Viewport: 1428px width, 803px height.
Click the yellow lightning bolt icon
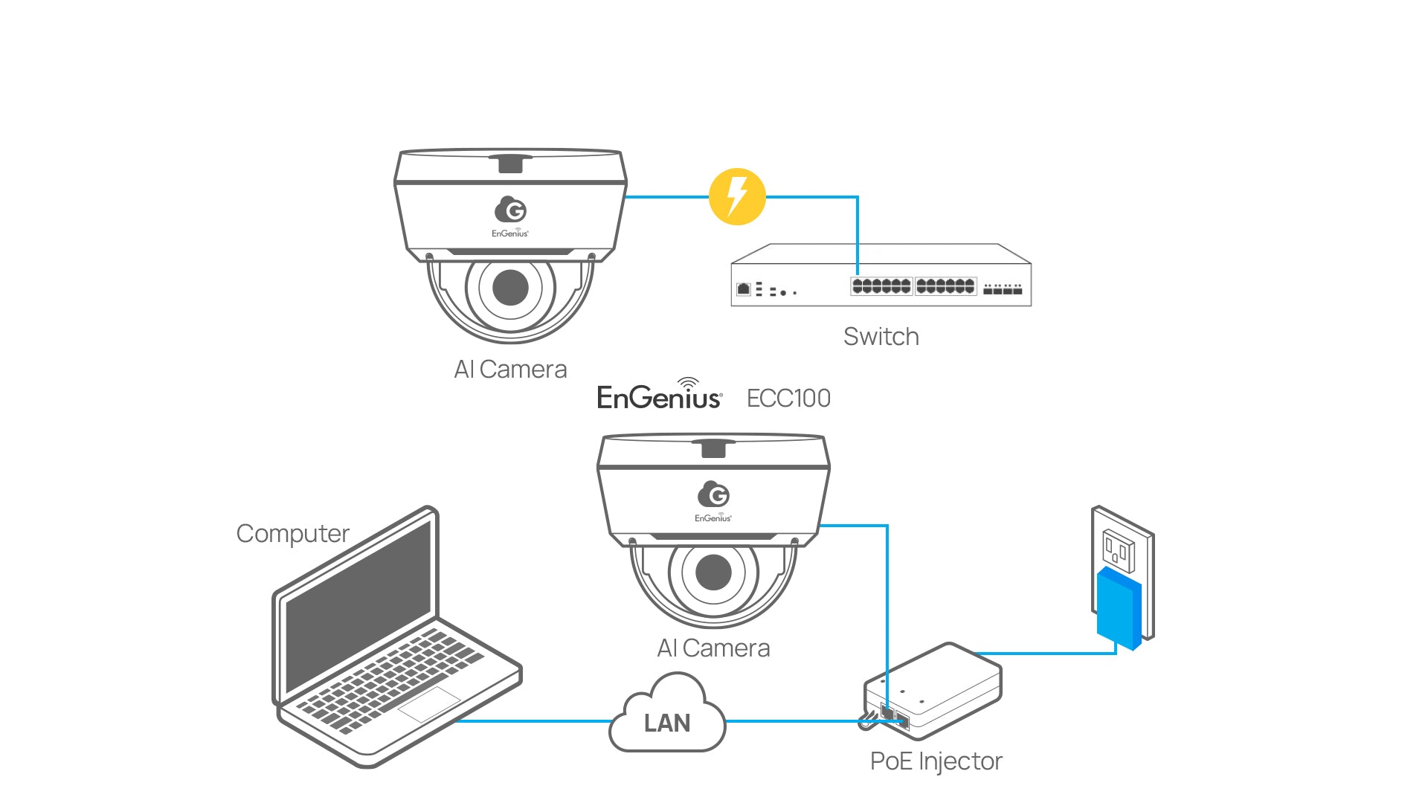pos(737,197)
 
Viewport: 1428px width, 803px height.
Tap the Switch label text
pos(881,337)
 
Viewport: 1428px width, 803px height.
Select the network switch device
pos(881,274)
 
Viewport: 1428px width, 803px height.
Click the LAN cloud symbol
pos(667,713)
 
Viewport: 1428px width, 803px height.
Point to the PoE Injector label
pos(936,762)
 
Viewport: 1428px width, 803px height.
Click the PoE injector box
pos(933,691)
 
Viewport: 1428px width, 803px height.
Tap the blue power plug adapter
pos(1119,608)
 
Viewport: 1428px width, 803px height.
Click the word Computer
pos(292,535)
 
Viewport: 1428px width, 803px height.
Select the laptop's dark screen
pos(358,605)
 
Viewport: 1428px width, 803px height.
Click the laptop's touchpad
pos(430,703)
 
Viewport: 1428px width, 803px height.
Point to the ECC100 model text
pos(788,399)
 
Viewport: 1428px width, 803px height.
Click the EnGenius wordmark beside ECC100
pos(659,395)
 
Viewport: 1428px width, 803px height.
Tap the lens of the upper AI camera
pos(510,287)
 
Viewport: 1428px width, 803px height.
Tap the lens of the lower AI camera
pos(713,573)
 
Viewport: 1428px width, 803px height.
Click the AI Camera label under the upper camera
pos(510,370)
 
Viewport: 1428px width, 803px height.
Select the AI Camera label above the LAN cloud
pos(713,648)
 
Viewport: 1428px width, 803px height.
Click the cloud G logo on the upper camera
pos(511,210)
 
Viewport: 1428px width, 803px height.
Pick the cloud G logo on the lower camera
pos(714,494)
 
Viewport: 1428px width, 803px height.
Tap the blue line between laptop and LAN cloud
pos(533,721)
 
